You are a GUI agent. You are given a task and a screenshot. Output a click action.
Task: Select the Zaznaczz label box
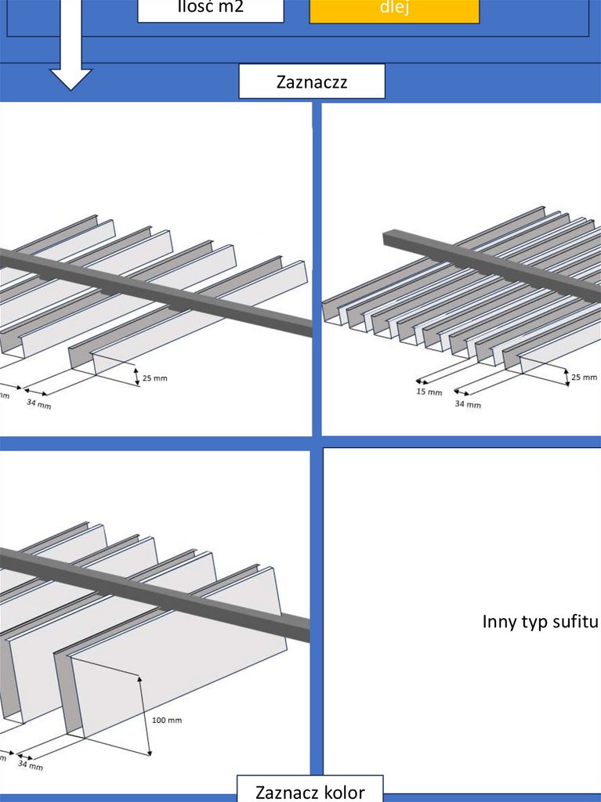point(311,81)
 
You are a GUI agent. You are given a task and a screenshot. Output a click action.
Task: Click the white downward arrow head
point(71,78)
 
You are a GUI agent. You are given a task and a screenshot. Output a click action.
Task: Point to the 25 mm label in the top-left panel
point(154,378)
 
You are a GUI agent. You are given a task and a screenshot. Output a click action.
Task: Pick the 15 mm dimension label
point(429,391)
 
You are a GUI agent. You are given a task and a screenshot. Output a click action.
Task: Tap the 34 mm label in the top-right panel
point(469,404)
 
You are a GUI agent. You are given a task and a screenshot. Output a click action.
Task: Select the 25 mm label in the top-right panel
point(584,378)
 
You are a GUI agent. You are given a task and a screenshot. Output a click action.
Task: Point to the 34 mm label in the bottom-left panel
point(31,765)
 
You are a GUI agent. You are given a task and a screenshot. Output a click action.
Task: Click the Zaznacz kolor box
point(310,790)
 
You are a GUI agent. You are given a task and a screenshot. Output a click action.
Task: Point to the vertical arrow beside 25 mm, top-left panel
point(136,377)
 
